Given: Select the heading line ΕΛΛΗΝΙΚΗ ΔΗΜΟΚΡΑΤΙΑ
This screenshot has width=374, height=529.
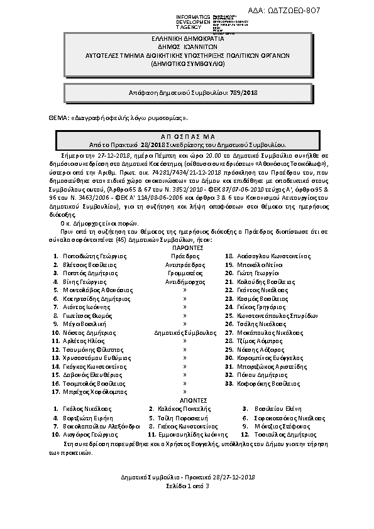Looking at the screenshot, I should (x=187, y=39).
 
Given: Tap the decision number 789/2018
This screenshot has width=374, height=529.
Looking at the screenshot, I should (x=246, y=92).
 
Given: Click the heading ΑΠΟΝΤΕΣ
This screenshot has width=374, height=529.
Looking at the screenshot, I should (x=186, y=400).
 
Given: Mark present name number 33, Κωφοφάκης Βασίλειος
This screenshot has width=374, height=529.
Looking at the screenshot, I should (x=263, y=382).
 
